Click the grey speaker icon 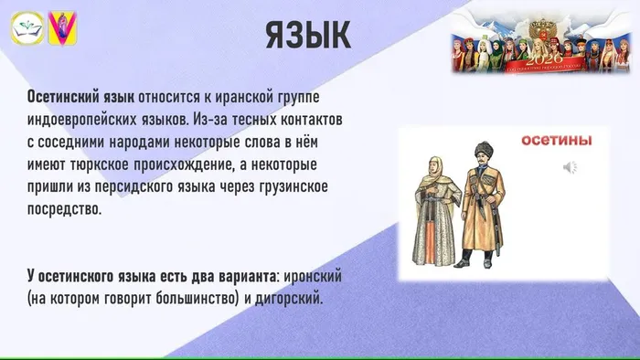pos(569,167)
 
